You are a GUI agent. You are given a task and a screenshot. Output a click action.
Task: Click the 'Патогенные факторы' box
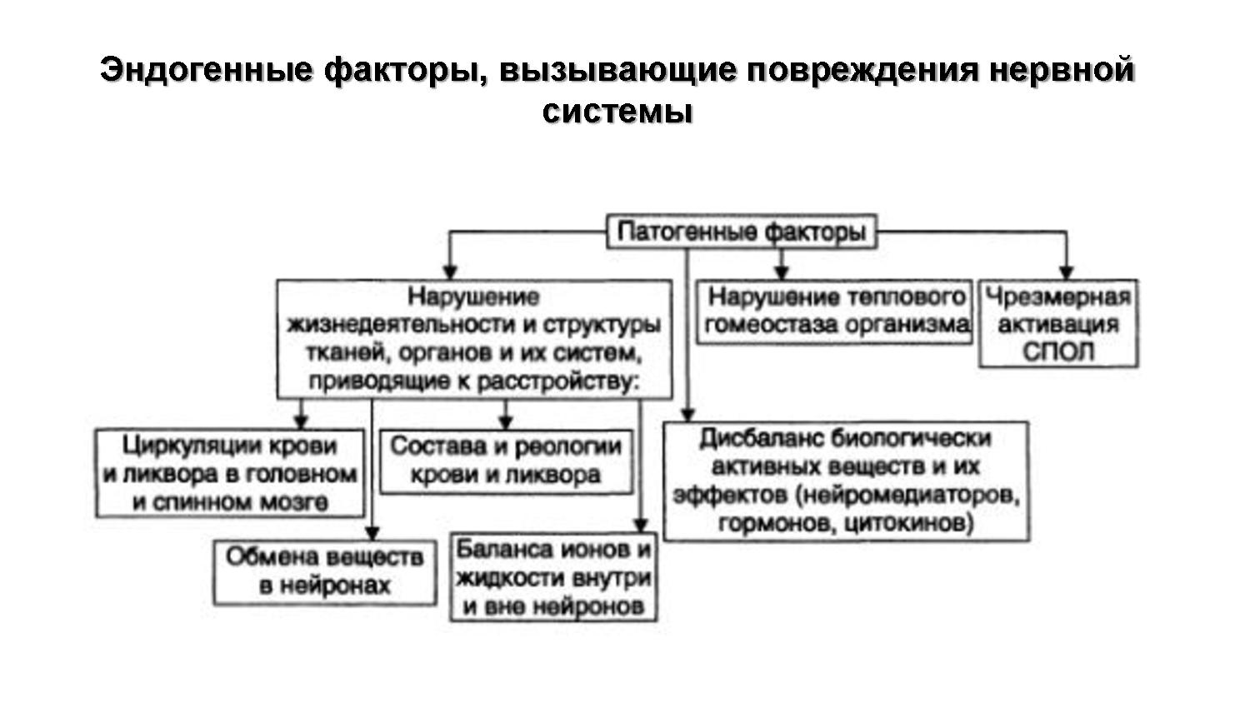[742, 231]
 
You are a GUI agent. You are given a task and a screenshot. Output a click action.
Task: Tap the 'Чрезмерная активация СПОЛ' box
[1057, 324]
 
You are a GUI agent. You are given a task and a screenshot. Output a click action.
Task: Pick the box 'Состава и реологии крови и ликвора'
[506, 461]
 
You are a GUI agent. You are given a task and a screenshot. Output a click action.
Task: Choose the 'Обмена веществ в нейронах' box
[324, 571]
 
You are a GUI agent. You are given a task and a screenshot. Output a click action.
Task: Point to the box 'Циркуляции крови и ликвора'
[230, 473]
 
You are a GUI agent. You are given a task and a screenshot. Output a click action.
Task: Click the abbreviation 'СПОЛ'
[1057, 351]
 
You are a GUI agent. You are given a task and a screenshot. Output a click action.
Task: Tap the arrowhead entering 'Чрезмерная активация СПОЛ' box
[1065, 272]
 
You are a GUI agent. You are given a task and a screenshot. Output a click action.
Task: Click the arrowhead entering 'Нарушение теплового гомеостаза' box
[781, 272]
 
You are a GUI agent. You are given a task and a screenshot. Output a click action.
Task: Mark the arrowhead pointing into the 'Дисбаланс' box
[687, 414]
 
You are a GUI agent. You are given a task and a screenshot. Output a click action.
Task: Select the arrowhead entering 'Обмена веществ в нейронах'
[372, 532]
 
